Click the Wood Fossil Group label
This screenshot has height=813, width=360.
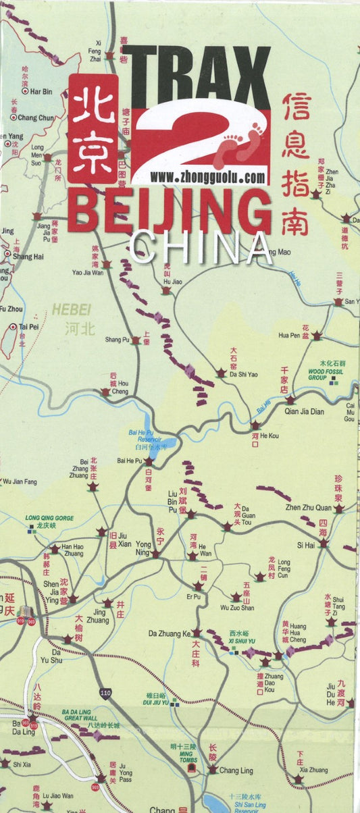[326, 374]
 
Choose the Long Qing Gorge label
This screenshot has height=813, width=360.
[49, 519]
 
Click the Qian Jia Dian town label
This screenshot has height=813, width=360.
[305, 411]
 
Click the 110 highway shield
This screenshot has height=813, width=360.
[105, 693]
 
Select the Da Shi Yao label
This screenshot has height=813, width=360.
[244, 374]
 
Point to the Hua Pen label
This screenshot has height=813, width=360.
[288, 335]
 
